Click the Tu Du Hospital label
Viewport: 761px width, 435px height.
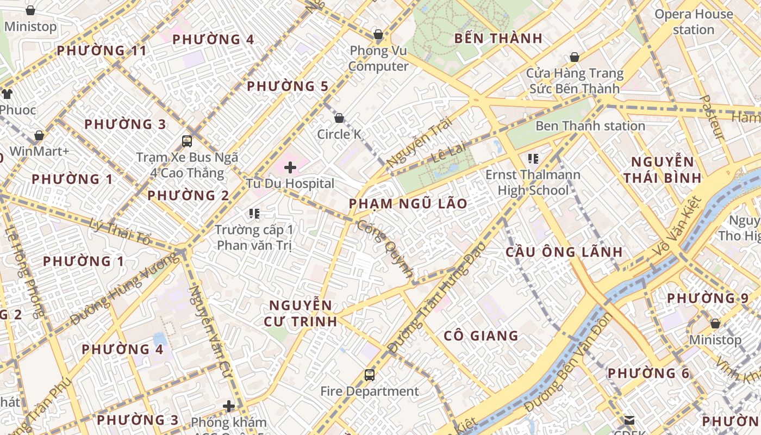click(x=290, y=183)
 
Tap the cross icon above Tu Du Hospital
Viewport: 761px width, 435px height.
click(x=290, y=167)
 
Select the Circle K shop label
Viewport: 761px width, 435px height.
click(x=339, y=134)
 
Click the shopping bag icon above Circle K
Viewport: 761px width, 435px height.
click(x=339, y=118)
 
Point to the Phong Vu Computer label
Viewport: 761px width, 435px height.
click(x=378, y=58)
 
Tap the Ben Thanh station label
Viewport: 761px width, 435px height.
click(x=590, y=126)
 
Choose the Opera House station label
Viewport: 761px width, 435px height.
click(x=694, y=22)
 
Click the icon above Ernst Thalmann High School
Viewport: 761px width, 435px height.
click(x=533, y=159)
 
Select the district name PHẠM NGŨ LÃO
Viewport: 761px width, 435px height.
click(x=408, y=204)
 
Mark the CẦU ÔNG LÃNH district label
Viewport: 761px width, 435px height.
click(x=564, y=252)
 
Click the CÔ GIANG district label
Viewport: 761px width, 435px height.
click(x=481, y=335)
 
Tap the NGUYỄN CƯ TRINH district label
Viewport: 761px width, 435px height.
click(x=301, y=313)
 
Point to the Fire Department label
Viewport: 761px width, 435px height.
click(x=370, y=391)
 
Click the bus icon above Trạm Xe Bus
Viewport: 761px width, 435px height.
click(x=187, y=141)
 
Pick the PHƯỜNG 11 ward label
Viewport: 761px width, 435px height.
click(x=102, y=51)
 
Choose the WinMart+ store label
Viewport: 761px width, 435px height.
click(x=40, y=151)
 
